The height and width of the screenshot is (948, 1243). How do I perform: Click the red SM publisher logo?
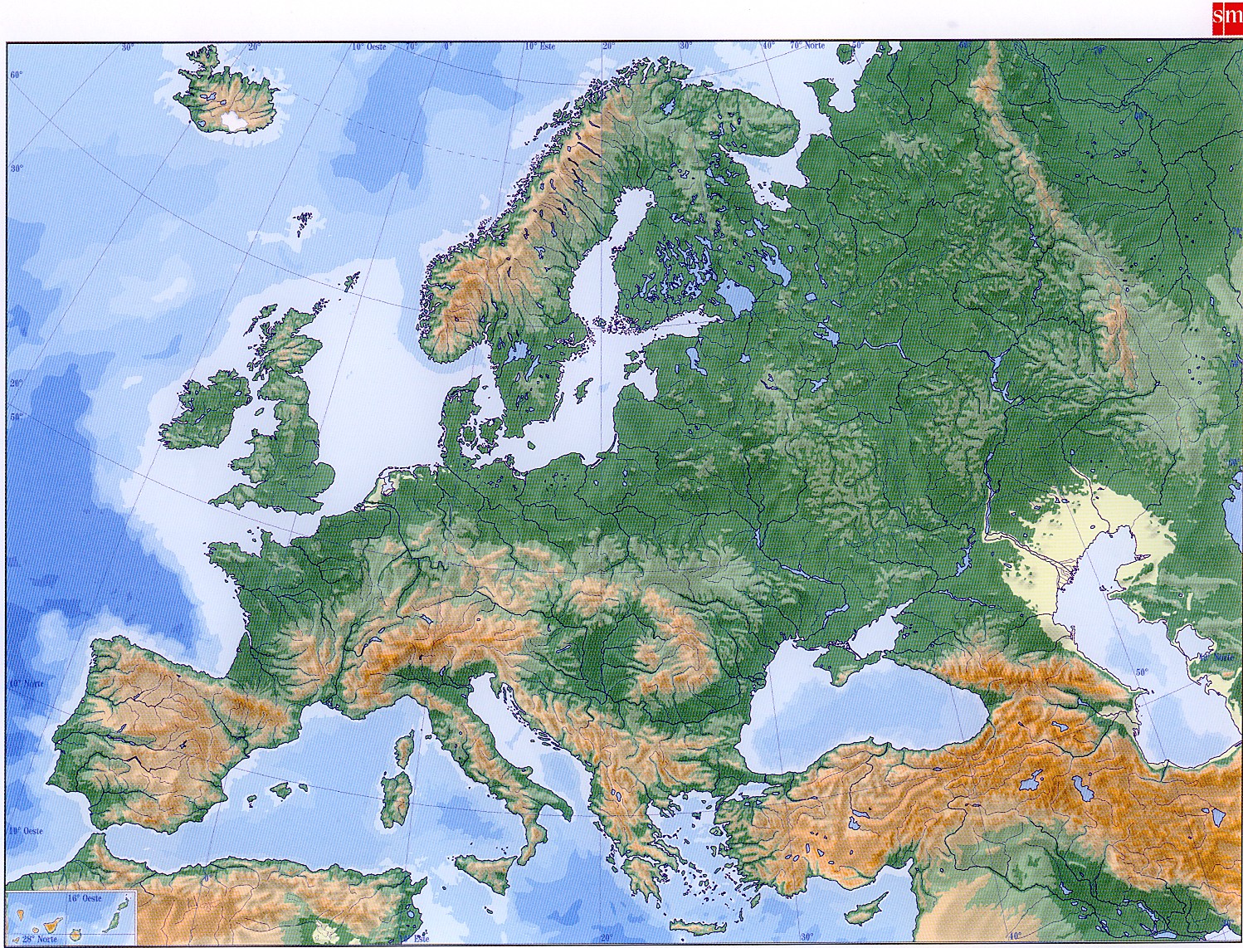point(1226,16)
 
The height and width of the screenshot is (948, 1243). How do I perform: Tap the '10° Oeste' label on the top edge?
point(368,47)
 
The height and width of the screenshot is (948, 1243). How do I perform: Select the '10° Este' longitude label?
point(539,46)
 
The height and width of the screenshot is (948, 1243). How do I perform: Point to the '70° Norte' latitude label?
point(807,46)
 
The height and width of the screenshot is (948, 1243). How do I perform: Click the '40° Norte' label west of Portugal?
point(27,682)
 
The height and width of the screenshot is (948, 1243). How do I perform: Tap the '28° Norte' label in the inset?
point(40,939)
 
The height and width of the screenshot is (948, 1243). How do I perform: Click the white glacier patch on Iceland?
point(234,122)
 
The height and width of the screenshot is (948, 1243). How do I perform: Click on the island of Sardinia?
point(396,798)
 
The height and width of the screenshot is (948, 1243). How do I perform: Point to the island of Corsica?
point(404,748)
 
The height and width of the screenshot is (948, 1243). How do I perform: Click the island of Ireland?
point(207,413)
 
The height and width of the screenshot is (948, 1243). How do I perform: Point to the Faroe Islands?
point(304,221)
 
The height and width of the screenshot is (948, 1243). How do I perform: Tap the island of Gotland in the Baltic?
point(583,388)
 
